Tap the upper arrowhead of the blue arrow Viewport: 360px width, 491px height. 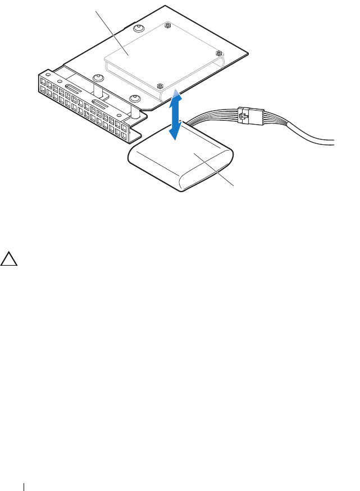coord(177,94)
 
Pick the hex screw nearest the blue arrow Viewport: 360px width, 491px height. coord(160,86)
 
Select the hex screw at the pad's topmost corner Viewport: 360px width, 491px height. coord(167,25)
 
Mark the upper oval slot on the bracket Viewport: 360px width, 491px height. coord(75,88)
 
